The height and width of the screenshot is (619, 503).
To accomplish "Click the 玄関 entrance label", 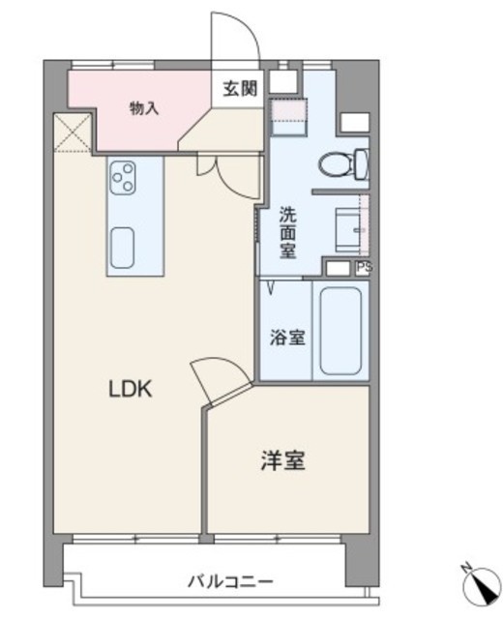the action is click(240, 88).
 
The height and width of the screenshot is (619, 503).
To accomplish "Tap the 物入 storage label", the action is click(144, 107).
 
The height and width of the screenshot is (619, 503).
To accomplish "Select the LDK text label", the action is click(131, 390).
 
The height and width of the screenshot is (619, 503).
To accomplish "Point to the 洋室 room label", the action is click(283, 460).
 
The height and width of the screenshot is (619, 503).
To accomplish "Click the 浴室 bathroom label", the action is click(287, 338).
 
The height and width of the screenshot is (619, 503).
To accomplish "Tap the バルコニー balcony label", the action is click(230, 581).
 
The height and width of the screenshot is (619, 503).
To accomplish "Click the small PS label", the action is click(364, 267).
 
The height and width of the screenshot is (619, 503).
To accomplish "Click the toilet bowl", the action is click(336, 165).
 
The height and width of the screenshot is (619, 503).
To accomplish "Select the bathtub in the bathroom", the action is click(341, 331).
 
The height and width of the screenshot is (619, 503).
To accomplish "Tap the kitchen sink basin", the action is click(122, 248).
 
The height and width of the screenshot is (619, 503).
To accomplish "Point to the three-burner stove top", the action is click(123, 178).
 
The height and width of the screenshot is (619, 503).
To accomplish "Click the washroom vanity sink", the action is click(349, 230).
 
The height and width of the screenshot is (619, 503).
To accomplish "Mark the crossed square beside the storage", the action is click(73, 133).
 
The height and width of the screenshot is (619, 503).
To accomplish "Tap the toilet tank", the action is click(362, 163).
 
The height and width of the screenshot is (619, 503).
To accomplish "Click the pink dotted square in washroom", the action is click(288, 109).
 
